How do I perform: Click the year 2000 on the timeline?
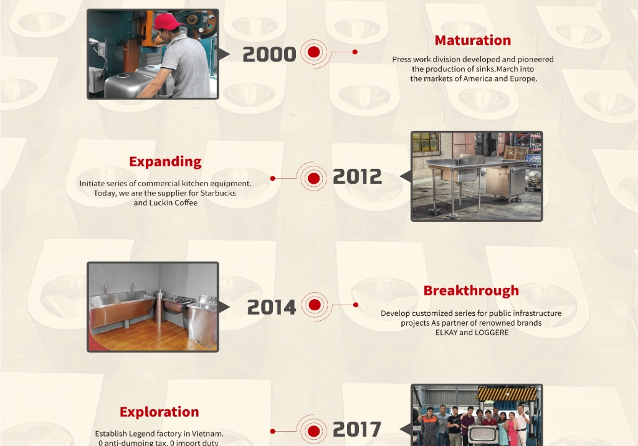(269, 54)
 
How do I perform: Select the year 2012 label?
(357, 177)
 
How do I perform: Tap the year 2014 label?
(272, 307)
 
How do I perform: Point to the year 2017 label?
(357, 429)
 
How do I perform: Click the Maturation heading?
(472, 40)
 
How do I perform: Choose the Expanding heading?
(165, 162)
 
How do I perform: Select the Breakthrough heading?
(471, 290)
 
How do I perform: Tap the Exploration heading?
(159, 412)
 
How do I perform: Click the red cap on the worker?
(167, 21)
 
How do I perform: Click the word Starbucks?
(218, 193)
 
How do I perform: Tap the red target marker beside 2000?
(314, 52)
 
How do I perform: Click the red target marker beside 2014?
(315, 305)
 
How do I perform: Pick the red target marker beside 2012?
(314, 178)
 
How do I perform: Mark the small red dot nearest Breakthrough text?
(356, 305)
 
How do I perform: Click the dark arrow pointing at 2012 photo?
(406, 176)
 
